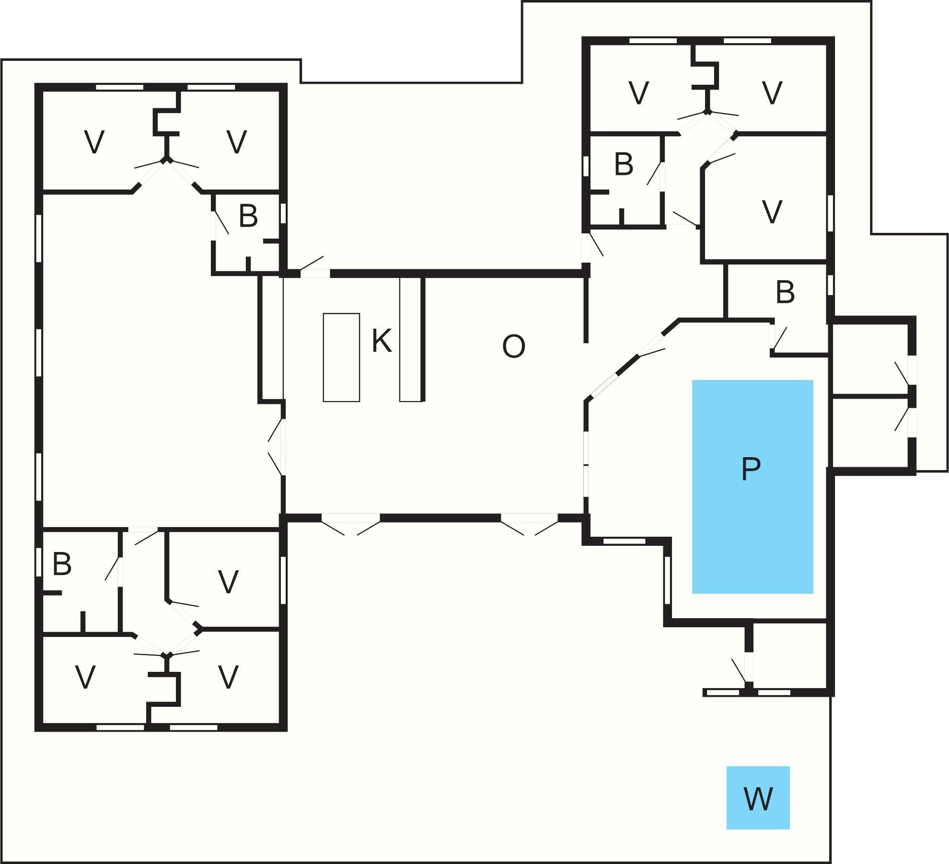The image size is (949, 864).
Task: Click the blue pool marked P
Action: coord(752,486)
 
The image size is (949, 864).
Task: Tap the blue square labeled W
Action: coord(758,798)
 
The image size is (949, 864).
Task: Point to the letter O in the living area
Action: coord(513,346)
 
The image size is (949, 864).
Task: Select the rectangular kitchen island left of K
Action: coord(341,357)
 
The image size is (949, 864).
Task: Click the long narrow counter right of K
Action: coord(410,339)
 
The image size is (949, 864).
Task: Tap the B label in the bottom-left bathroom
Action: coord(62,564)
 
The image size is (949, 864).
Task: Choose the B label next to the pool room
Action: coord(785,292)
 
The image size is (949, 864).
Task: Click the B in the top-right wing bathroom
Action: coord(623,164)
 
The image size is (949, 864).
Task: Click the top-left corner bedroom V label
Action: coord(94,142)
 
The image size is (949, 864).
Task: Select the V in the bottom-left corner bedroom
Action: coord(85,677)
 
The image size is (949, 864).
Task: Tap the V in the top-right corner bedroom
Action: coord(772,92)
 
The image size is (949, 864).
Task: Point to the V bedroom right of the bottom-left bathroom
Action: coord(228,581)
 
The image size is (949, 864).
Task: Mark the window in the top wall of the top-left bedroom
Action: coord(119,87)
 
